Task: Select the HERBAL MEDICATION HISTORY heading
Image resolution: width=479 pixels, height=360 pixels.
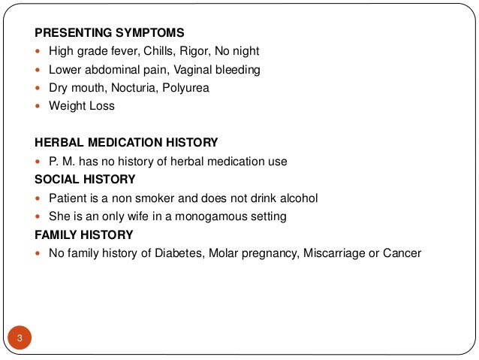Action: click(x=127, y=142)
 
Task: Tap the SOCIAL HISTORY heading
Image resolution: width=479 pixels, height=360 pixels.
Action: click(x=85, y=179)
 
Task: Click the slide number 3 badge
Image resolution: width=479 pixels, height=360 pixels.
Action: click(x=20, y=337)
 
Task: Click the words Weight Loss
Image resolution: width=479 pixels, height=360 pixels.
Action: click(x=82, y=106)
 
